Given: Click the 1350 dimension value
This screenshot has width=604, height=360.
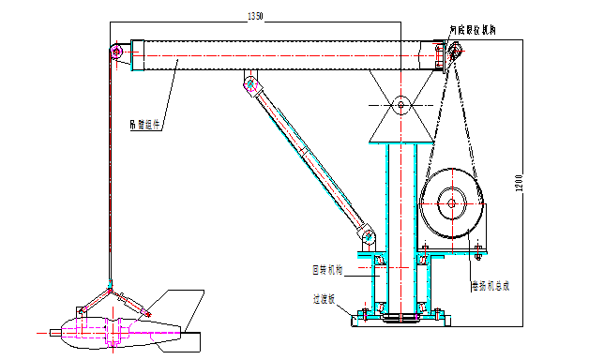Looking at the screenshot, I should (255, 15).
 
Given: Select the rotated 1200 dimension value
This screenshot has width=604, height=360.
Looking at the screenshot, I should (518, 184).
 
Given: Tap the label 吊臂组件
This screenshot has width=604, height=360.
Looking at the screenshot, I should (144, 123).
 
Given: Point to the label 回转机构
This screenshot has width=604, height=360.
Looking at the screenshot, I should (327, 269).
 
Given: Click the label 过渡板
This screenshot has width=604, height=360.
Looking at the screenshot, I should (325, 299).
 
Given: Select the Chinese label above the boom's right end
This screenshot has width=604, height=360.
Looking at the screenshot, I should (474, 30).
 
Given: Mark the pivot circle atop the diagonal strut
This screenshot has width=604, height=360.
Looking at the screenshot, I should (250, 86).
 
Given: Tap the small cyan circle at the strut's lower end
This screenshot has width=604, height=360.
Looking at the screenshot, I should (369, 237).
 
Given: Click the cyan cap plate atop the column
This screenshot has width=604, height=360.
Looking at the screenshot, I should (401, 142).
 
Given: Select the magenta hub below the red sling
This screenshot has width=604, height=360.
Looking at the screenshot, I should (113, 331).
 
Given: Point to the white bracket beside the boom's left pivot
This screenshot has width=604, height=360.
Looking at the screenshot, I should (134, 54).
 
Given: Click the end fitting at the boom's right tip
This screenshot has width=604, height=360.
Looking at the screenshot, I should (441, 54).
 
